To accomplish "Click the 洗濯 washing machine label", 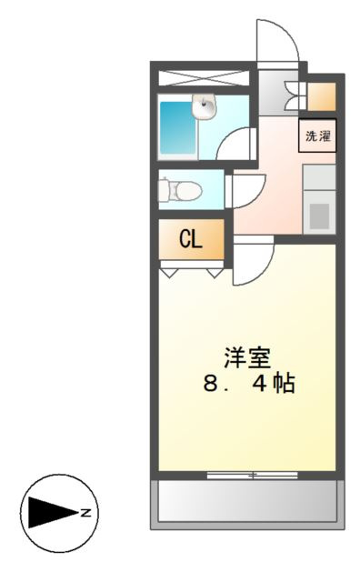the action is click(x=317, y=135).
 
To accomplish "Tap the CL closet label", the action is click(x=191, y=239).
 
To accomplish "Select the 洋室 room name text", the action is click(x=247, y=357).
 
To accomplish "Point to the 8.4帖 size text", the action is click(x=249, y=383).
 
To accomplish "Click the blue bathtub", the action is click(x=178, y=128).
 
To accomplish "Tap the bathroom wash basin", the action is click(x=204, y=106).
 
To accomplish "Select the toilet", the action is click(x=180, y=190).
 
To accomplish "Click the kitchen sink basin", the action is click(x=319, y=216).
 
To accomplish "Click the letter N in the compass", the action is click(x=86, y=513).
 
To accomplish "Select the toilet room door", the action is click(x=245, y=191).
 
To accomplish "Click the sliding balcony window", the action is click(x=253, y=475).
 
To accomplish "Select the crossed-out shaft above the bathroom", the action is click(x=204, y=77).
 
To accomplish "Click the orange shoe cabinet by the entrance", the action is click(x=322, y=97).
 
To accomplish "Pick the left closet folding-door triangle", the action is click(x=169, y=273).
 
